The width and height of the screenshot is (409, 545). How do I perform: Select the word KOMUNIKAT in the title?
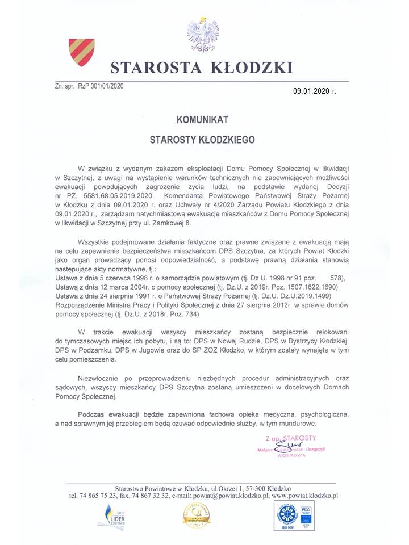point(203,120)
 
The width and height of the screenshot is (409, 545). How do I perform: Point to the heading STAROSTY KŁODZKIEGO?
point(203,139)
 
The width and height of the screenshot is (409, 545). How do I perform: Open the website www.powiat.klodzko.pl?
point(305,496)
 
